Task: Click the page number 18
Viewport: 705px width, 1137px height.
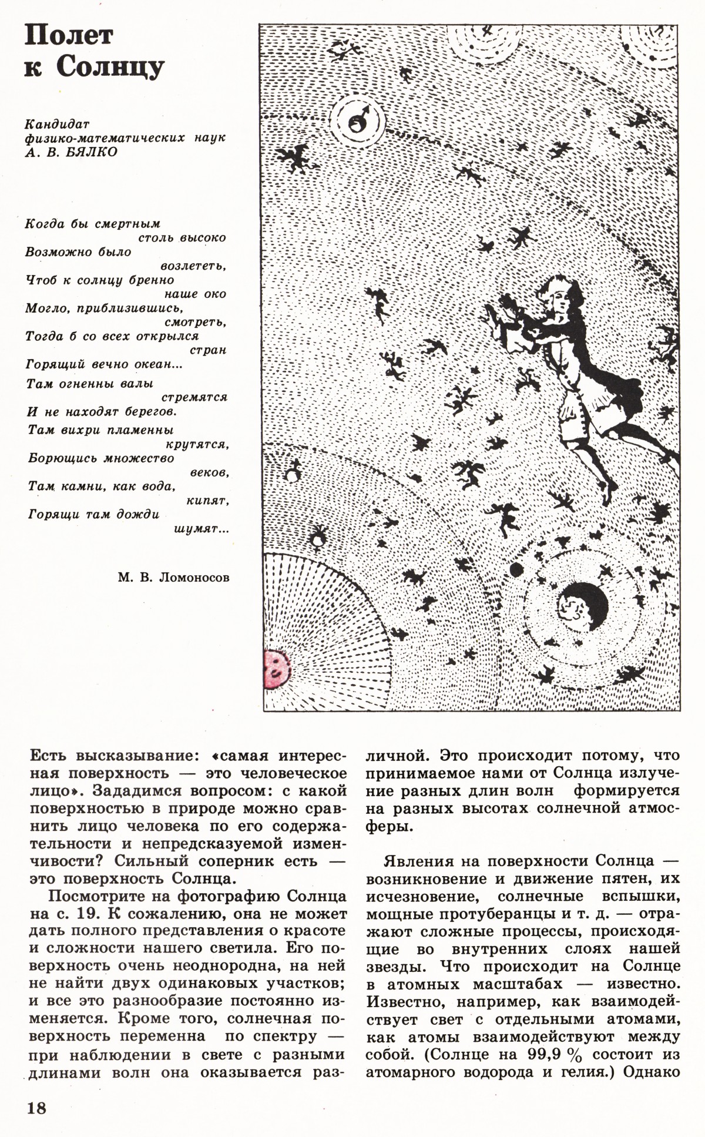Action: (x=35, y=1109)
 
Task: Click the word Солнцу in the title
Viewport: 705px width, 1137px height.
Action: (x=110, y=69)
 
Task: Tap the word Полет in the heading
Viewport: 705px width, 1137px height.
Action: (x=69, y=36)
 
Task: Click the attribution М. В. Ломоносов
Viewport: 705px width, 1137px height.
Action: (x=173, y=578)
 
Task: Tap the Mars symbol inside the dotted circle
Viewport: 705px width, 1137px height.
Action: (x=358, y=121)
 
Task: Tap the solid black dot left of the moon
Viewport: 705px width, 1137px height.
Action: (x=516, y=569)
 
